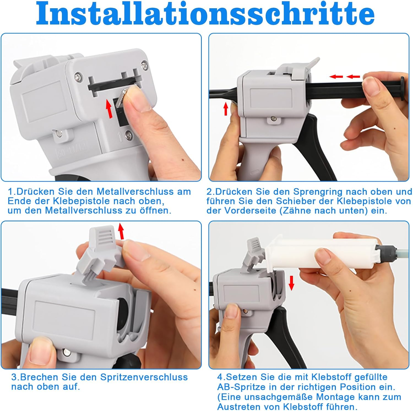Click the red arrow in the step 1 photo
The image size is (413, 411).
click(109, 109)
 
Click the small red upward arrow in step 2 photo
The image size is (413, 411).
click(226, 108)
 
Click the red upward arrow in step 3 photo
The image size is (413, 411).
click(121, 231)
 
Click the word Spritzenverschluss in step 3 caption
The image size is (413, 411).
click(144, 377)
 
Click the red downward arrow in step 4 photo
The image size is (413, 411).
click(292, 283)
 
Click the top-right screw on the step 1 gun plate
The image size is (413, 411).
click(144, 65)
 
